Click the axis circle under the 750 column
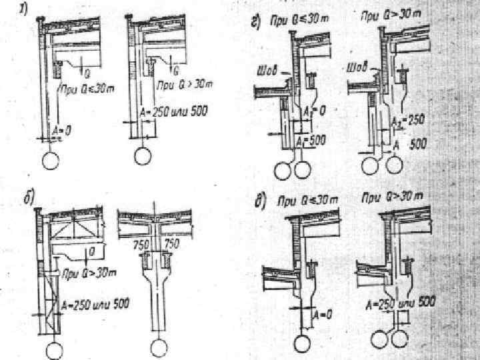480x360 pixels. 158,347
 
